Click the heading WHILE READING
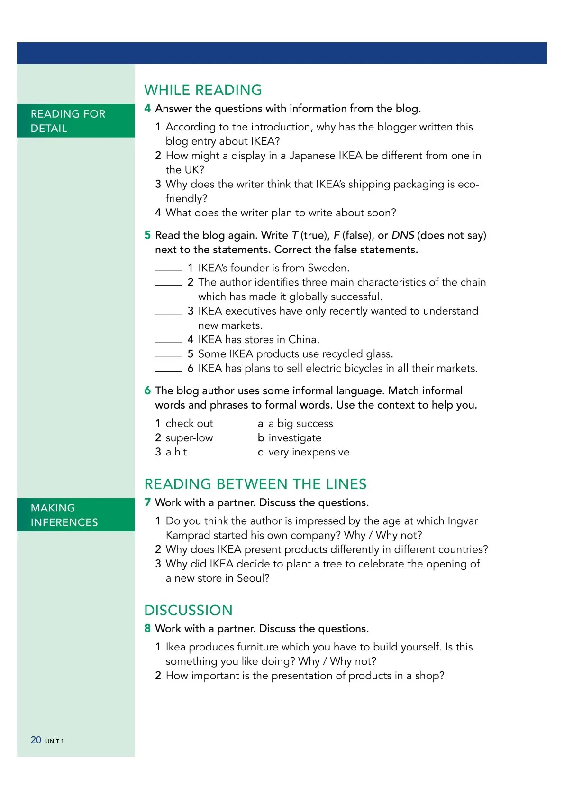203,90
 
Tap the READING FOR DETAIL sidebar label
68,121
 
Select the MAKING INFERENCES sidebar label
64,515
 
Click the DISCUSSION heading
188,610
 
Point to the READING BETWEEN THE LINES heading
255,484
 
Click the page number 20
36,740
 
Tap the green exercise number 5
147,235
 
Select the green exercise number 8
147,629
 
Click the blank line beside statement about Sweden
168,269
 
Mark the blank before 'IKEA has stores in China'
168,341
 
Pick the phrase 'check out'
189,423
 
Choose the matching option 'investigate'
295,437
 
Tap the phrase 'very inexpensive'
309,452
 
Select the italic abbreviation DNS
403,235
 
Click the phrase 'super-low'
189,437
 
